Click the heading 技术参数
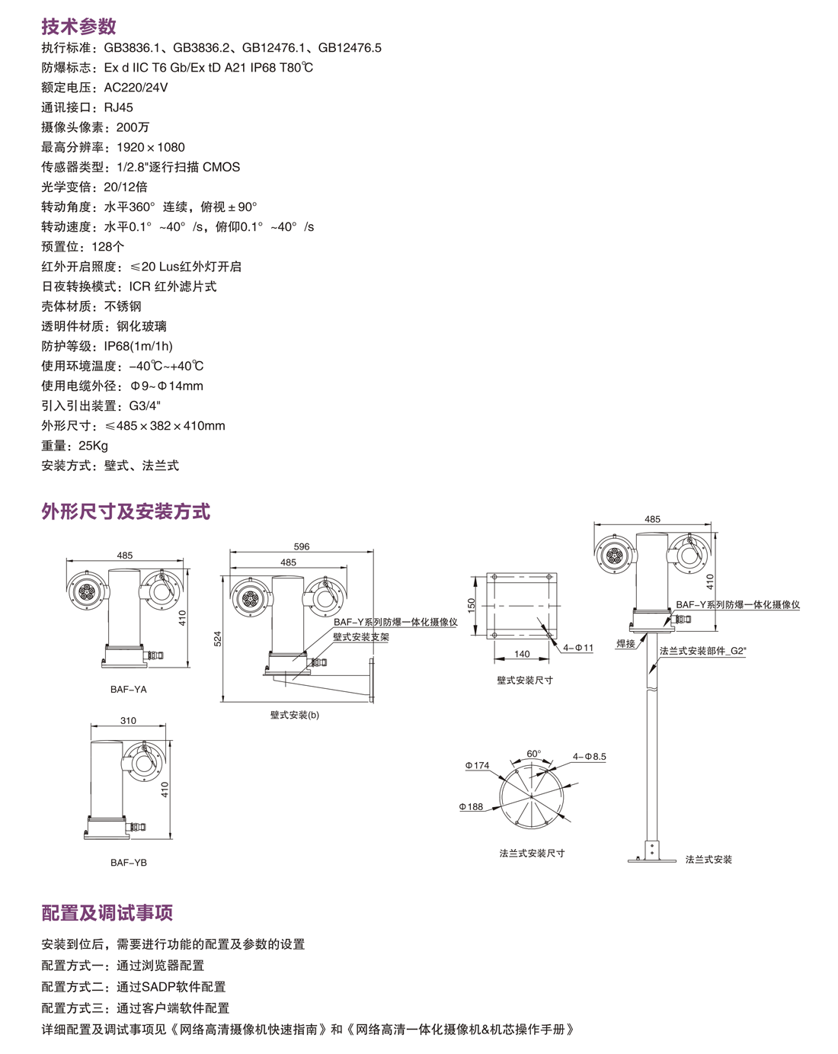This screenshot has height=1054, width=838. tap(78, 27)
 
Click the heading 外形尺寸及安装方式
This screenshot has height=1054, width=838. tap(126, 511)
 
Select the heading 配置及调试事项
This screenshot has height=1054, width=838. tap(107, 912)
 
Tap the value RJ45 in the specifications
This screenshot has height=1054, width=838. tap(118, 107)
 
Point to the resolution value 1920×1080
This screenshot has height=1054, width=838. tap(151, 147)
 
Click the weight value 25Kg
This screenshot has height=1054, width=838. tap(93, 446)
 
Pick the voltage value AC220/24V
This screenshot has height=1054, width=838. tap(136, 88)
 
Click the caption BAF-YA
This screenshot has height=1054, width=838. tap(128, 689)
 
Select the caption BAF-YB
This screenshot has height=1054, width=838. tap(128, 862)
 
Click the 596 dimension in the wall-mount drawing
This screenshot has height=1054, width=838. tap(302, 546)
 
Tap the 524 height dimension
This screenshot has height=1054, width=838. tap(217, 639)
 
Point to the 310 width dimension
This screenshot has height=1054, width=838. tap(128, 720)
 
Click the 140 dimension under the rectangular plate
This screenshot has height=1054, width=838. tap(522, 654)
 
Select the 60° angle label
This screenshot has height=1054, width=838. tap(534, 754)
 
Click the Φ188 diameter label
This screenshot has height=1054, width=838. tap(471, 806)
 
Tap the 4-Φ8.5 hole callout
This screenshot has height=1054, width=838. tap(590, 757)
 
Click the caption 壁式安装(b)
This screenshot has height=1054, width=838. tap(295, 715)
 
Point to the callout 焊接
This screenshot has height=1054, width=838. tap(625, 644)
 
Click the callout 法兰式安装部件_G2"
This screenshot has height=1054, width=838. tap(702, 652)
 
